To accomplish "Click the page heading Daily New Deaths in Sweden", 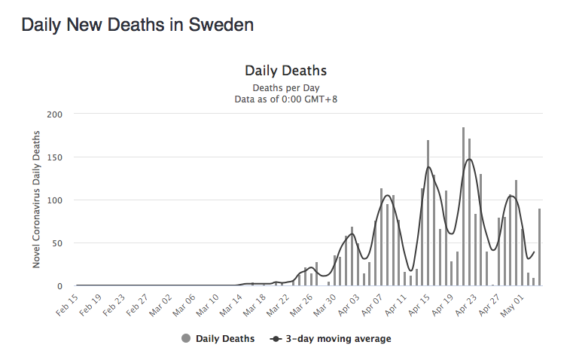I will pos(137,24).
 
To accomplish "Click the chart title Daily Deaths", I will pos(285,71).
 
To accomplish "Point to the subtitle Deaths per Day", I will pos(285,87).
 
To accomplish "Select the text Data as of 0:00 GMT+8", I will pos(285,99).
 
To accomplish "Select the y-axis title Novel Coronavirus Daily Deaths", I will pos(36,199).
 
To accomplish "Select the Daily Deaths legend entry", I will pos(225,339).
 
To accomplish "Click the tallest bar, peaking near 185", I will pos(463,207).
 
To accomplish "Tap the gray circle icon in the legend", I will pos(186,339).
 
